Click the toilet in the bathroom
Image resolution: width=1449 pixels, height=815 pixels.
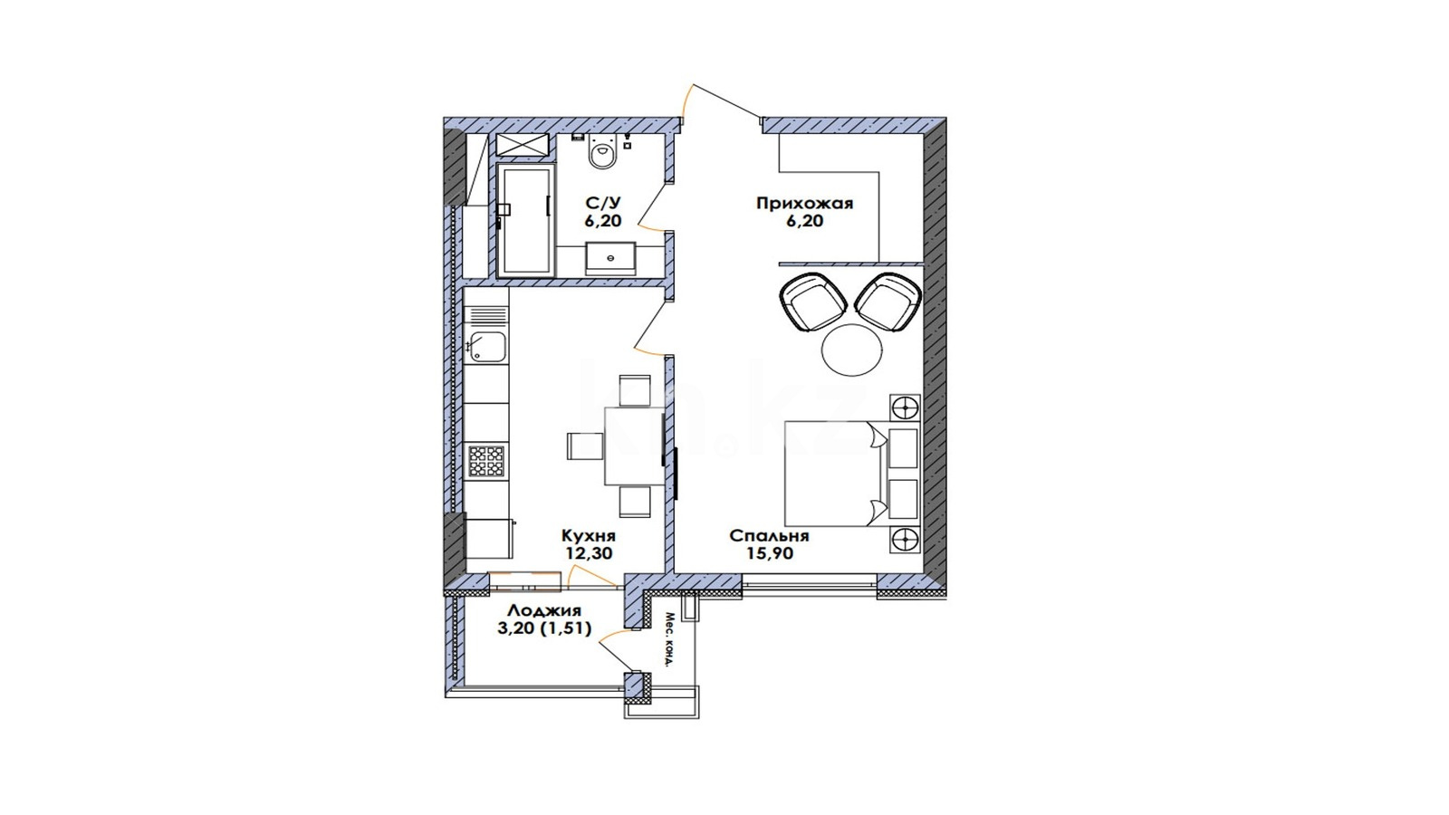602,153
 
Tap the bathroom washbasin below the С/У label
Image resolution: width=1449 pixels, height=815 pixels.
610,259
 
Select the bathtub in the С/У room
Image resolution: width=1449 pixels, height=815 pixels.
526,220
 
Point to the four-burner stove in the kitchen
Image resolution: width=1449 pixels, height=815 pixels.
486,461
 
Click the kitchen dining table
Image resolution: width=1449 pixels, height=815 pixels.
635,446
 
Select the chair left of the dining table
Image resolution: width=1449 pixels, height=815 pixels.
585,446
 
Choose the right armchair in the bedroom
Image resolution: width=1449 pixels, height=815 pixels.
888,302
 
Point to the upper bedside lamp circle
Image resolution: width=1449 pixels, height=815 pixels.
905,408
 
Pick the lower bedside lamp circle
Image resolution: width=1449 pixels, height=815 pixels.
905,539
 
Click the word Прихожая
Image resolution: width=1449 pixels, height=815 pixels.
805,204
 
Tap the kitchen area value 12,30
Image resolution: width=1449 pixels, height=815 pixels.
589,553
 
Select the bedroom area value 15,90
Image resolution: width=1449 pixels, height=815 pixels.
770,553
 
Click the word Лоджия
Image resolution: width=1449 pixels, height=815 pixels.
544,610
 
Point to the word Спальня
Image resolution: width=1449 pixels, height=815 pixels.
769,536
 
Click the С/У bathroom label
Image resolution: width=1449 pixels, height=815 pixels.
602,203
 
